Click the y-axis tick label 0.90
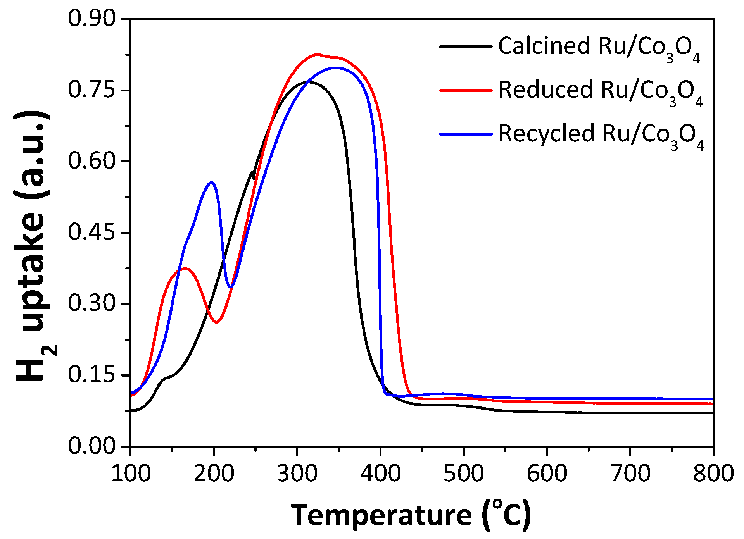click(92, 18)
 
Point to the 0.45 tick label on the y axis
click(92, 232)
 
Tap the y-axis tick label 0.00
click(92, 446)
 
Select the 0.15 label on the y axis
click(92, 375)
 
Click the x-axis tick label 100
click(131, 474)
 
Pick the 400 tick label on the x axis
click(380, 474)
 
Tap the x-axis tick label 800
click(713, 474)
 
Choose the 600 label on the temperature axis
click(547, 474)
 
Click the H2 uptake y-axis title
click(33, 248)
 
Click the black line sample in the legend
click(465, 46)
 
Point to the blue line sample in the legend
click(465, 134)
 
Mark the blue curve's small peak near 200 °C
click(211, 182)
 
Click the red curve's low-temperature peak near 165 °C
click(185, 268)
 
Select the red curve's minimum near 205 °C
click(216, 322)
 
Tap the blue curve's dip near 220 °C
click(231, 287)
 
